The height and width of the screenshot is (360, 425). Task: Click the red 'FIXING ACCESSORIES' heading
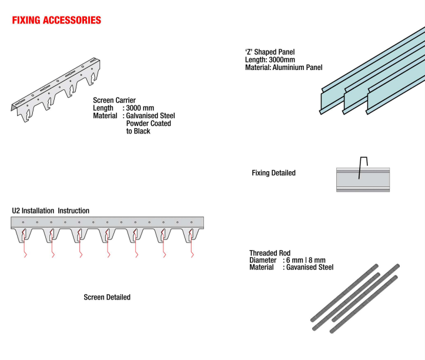tap(56, 21)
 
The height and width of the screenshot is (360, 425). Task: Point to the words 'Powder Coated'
tap(149, 124)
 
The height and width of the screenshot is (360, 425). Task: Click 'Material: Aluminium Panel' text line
tap(283, 68)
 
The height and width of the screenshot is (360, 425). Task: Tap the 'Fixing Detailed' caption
tap(273, 173)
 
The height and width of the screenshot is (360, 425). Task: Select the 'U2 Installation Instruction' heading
tap(51, 211)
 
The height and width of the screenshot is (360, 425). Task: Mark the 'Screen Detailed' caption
tap(107, 297)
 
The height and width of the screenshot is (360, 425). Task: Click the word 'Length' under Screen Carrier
tap(103, 108)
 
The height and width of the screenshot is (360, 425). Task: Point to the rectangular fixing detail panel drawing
tap(362, 179)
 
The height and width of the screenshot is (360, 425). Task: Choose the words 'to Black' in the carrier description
tap(138, 131)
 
